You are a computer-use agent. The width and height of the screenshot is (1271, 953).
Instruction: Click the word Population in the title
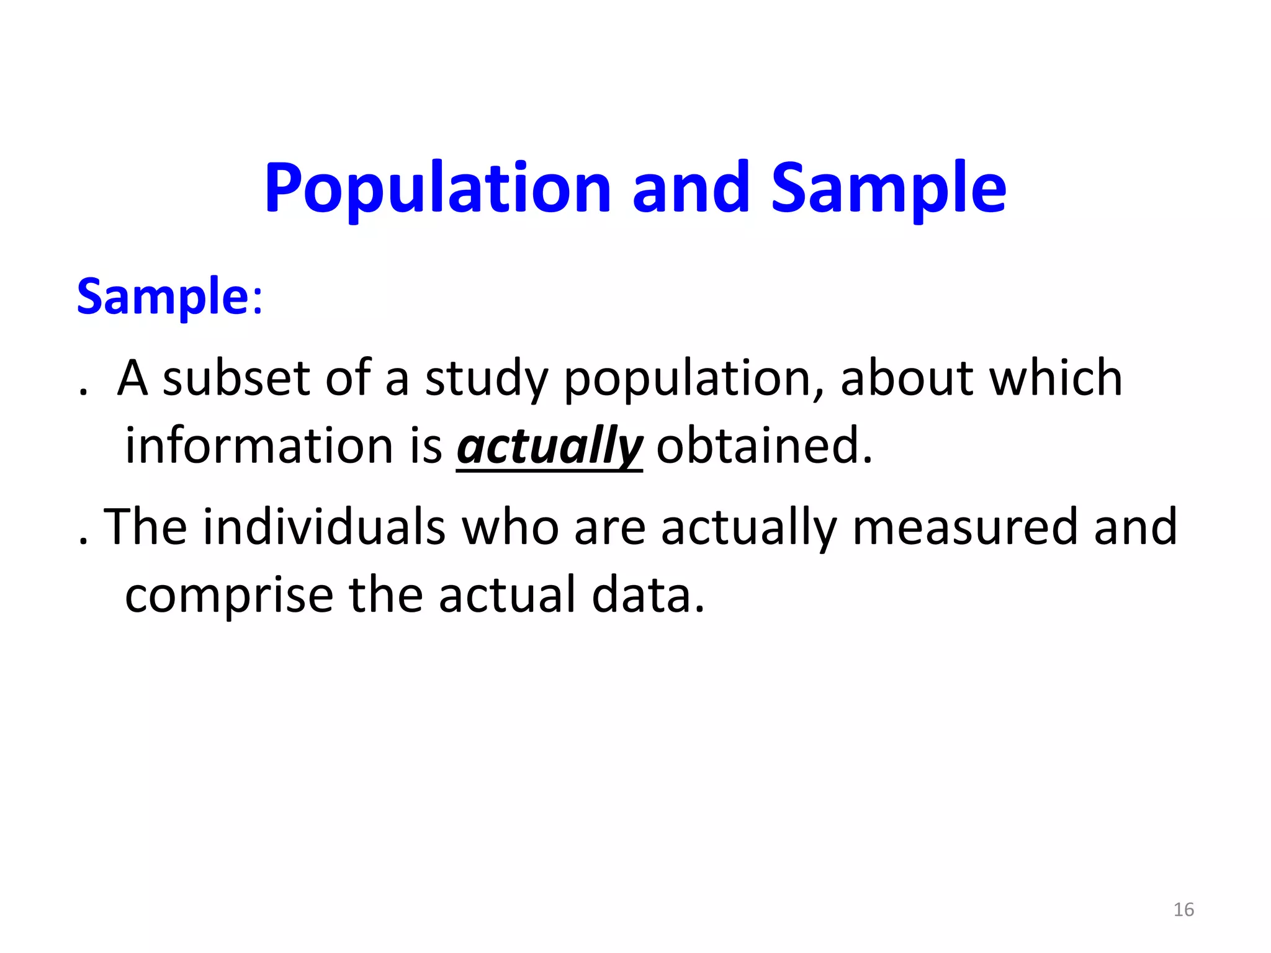pos(438,188)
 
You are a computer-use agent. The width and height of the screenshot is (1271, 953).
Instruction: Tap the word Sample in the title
pos(888,188)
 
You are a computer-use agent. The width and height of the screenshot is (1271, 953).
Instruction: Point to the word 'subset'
pos(236,378)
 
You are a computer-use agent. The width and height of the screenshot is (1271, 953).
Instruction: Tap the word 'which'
pos(1056,378)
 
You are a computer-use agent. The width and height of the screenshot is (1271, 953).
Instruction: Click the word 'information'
pos(259,445)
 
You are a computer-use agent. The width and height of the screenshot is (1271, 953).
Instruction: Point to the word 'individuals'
pos(324,527)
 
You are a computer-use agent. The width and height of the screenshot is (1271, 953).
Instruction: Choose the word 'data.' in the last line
pos(649,594)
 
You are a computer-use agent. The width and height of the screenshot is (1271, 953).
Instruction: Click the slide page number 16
pos(1183,910)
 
